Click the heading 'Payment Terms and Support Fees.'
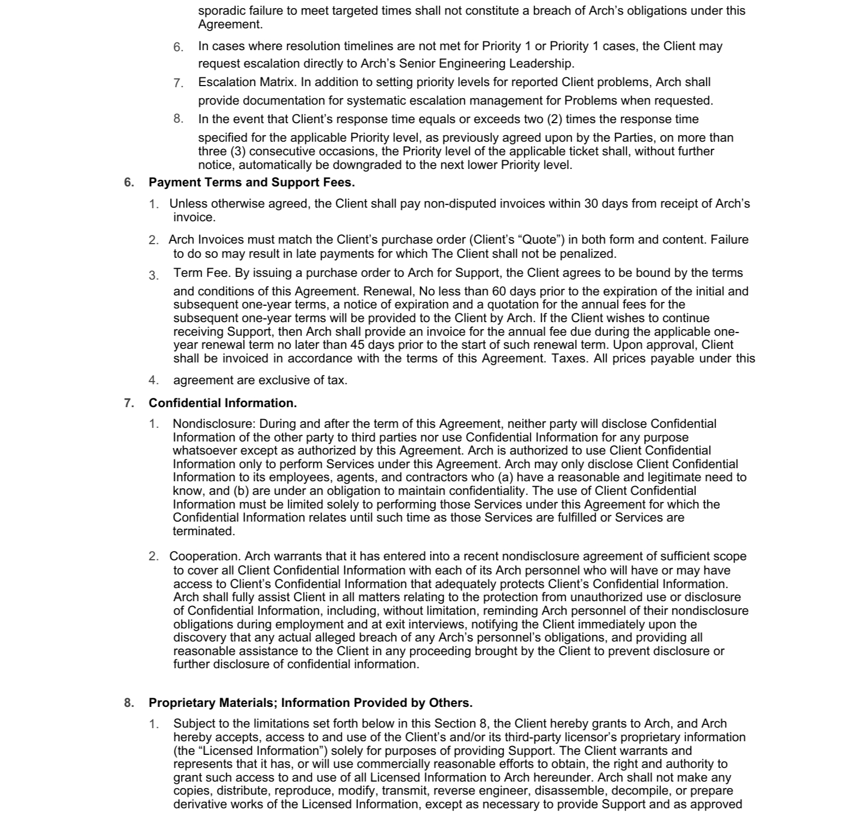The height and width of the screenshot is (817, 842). click(251, 182)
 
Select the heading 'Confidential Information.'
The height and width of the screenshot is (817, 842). click(222, 403)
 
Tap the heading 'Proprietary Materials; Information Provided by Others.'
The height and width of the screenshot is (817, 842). click(310, 703)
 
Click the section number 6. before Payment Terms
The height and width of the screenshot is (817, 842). click(129, 182)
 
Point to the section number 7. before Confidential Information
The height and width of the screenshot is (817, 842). click(129, 403)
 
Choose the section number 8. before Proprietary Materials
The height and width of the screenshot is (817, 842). click(129, 703)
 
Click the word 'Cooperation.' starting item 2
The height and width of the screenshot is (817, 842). click(205, 556)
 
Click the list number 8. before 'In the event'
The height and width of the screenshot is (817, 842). click(178, 118)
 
